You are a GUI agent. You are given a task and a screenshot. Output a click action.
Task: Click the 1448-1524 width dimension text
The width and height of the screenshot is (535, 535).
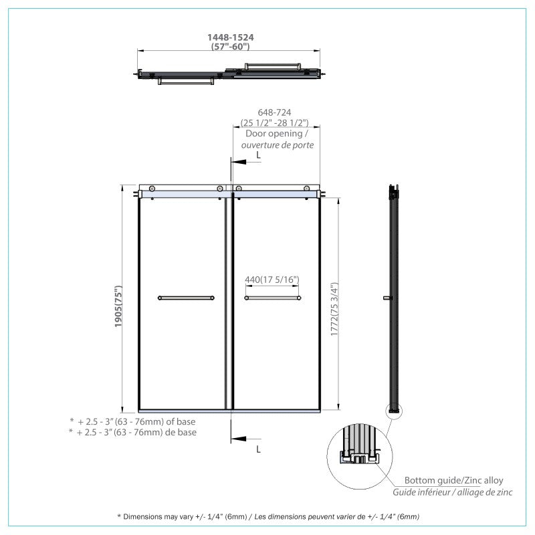click(231, 37)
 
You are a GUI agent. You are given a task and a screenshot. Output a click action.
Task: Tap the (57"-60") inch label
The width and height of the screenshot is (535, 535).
click(230, 46)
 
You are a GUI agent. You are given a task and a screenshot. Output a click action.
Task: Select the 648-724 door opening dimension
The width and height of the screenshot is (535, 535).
click(275, 112)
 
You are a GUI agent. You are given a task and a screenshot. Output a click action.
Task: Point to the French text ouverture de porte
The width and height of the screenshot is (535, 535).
click(278, 145)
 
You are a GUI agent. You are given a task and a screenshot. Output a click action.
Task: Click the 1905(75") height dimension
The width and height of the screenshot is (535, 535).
click(118, 306)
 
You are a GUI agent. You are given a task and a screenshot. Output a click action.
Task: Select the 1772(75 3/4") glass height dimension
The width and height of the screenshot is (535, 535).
click(334, 309)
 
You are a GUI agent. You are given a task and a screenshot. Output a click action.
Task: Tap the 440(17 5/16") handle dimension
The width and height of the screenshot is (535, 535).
click(272, 280)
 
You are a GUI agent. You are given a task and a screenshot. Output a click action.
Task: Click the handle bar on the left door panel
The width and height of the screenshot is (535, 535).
click(186, 298)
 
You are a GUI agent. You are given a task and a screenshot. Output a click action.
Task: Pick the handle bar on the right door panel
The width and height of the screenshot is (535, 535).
click(273, 298)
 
